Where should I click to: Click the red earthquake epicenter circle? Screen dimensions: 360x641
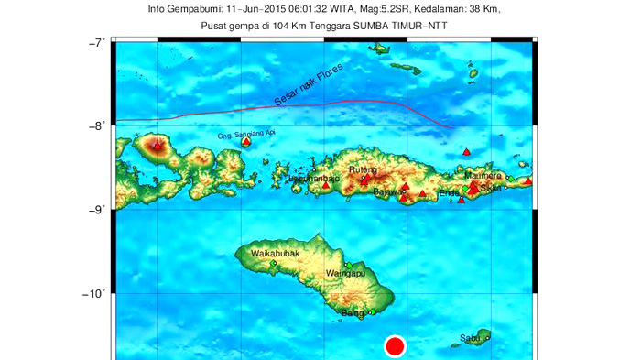click(x=395, y=346)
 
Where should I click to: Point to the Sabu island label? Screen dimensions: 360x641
click(x=471, y=339)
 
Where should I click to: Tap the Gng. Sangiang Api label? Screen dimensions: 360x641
click(x=245, y=134)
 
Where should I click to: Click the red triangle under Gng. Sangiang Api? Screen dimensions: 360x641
click(x=246, y=142)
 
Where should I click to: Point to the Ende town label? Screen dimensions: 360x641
click(x=450, y=192)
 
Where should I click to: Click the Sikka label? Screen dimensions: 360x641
click(x=492, y=188)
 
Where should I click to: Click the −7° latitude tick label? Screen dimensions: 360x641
click(x=96, y=42)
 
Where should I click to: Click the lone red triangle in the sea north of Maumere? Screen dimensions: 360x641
click(x=466, y=151)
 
